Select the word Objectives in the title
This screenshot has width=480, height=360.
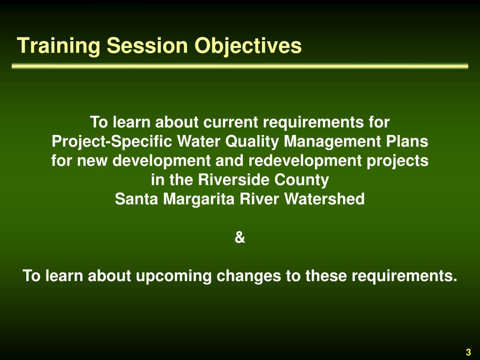click(x=248, y=46)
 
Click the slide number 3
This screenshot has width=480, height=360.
click(x=468, y=352)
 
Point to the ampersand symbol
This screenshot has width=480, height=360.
click(x=240, y=238)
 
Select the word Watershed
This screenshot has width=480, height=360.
click(x=324, y=199)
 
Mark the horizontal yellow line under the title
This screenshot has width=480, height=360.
click(x=240, y=67)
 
